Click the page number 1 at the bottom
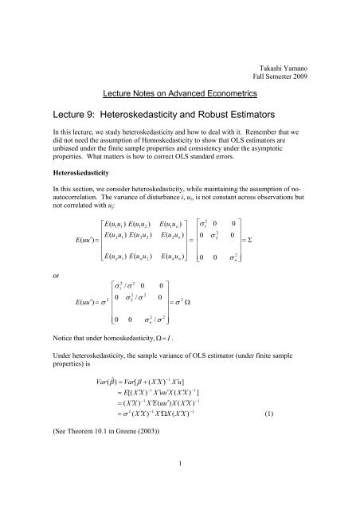coord(180,499)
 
